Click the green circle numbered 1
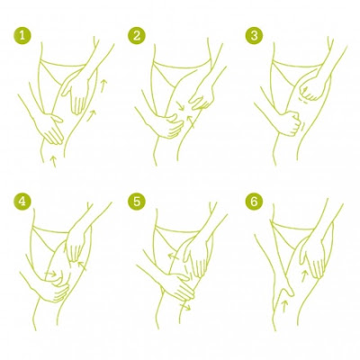point(22,36)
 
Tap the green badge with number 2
point(137,36)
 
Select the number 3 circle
point(254,36)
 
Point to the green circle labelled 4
point(22,202)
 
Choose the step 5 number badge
point(137,202)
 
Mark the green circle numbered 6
point(254,202)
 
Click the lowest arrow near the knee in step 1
point(54,161)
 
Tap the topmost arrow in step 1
point(103,85)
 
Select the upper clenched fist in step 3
point(312,88)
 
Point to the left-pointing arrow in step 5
point(174,256)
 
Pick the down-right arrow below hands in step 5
point(185,306)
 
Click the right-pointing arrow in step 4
point(50,274)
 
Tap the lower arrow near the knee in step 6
point(284,306)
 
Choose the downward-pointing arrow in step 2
point(180,105)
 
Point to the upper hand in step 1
point(76,93)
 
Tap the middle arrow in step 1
point(92,116)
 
